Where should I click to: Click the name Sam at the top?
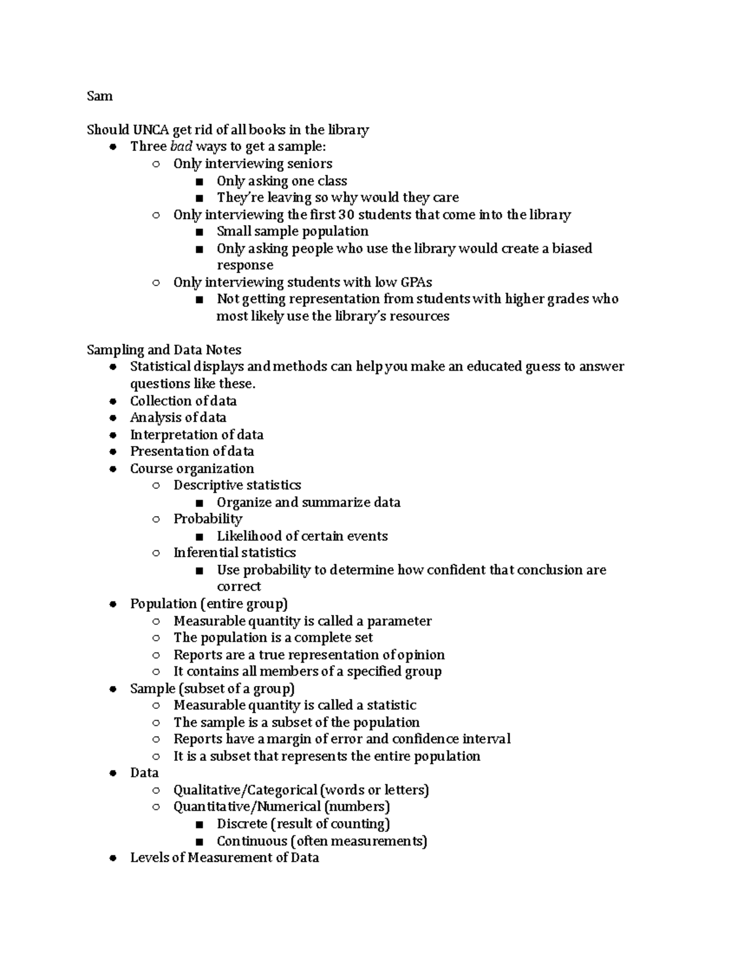(99, 96)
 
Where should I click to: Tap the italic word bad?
(181, 147)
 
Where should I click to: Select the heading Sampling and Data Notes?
(163, 350)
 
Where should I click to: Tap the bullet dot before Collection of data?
(112, 401)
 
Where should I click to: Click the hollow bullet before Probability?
(156, 519)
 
